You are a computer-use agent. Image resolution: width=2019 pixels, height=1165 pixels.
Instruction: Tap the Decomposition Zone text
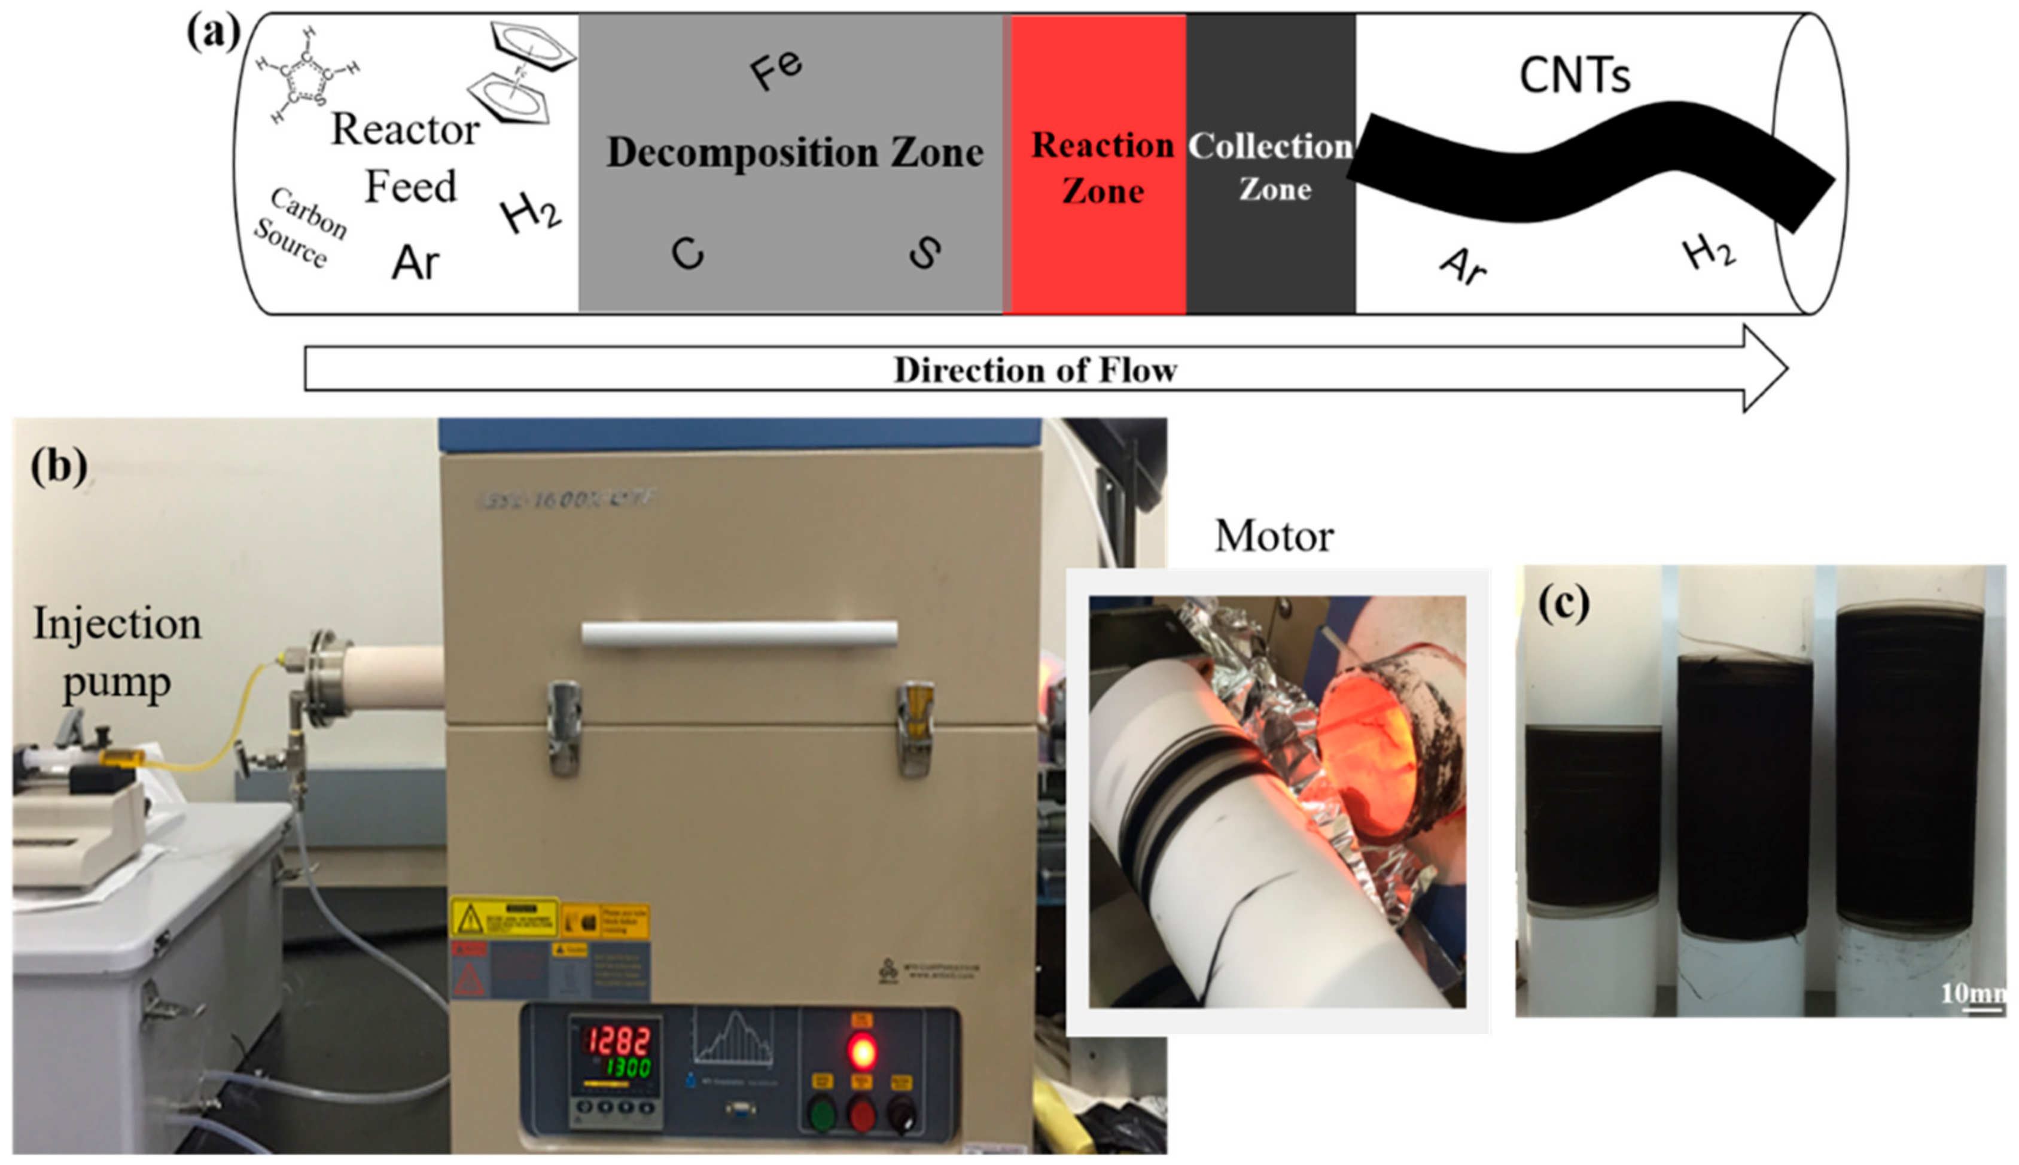794,152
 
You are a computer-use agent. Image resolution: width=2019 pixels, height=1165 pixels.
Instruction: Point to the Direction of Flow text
1035,370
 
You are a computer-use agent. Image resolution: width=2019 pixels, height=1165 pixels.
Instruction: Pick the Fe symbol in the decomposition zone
775,69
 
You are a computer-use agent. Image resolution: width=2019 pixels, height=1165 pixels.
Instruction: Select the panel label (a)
213,34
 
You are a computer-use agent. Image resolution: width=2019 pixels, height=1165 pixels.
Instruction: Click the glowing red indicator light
861,1051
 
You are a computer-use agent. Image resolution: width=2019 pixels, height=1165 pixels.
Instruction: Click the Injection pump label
117,652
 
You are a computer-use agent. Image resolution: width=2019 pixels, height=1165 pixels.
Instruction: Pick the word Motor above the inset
1274,536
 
